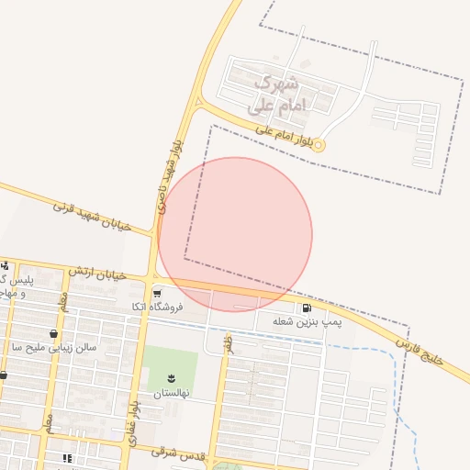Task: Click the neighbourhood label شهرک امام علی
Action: pos(278,94)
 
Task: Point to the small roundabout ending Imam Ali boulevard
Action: pos(319,145)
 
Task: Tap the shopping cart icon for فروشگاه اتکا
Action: pos(158,294)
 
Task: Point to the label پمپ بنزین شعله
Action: pos(307,322)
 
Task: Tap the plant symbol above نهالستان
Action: pos(172,378)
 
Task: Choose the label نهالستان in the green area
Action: pos(172,392)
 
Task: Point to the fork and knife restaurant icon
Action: pos(67,458)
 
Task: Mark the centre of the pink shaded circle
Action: pos(235,235)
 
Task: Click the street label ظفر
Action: pos(227,343)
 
